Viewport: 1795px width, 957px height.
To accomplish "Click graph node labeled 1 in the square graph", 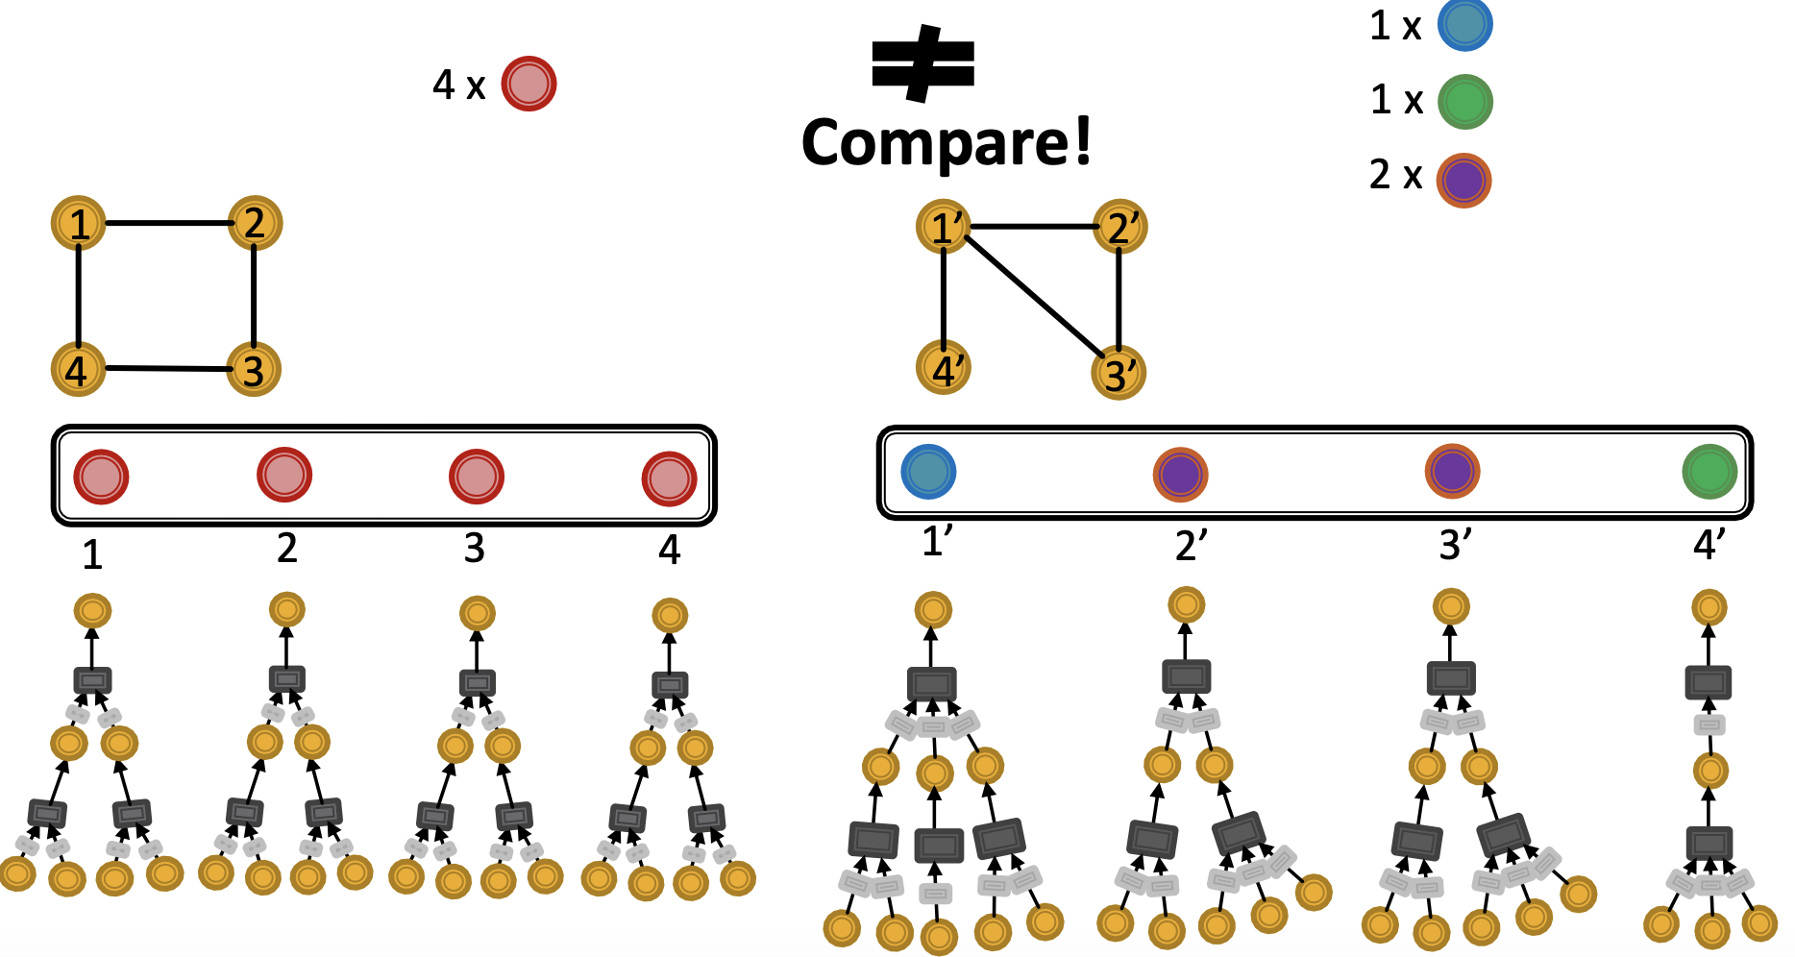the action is (x=79, y=223).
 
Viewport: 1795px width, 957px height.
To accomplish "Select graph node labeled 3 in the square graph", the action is (x=254, y=370).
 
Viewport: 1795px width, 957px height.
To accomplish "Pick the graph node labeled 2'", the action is (x=1120, y=227).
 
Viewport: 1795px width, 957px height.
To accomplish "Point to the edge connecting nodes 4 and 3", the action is (x=166, y=368).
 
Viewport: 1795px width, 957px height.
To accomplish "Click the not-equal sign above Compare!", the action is (x=922, y=63).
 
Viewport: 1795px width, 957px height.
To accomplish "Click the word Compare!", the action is (x=947, y=142).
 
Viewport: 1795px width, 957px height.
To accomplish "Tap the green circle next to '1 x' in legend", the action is (x=1464, y=102).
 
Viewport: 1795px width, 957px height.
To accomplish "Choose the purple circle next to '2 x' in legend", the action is (x=1463, y=180).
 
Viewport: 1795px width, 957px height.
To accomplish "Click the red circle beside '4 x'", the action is (x=529, y=84).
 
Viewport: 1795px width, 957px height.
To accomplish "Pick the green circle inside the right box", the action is (x=1709, y=472).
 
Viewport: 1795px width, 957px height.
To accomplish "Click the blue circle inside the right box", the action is (x=928, y=472).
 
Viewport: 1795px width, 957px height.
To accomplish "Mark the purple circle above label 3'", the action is (x=1452, y=472).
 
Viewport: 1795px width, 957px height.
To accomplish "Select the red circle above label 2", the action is (x=284, y=475).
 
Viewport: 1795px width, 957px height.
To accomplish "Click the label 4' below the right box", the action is (x=1709, y=545).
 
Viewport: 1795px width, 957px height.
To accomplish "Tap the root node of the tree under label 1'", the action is (x=933, y=610).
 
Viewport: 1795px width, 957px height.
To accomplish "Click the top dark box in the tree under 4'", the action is (x=1709, y=683).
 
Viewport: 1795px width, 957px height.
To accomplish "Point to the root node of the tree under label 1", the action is (x=93, y=610).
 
